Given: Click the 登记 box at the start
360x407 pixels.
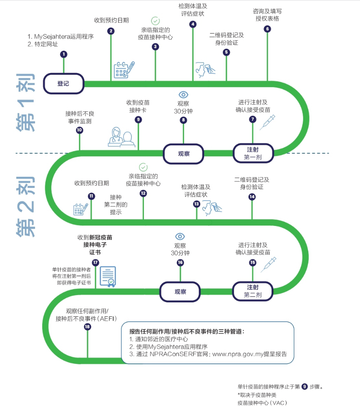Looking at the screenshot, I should pos(63,84).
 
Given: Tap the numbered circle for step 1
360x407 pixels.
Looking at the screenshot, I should pos(64,54).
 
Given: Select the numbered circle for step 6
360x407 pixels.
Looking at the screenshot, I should pos(267,29).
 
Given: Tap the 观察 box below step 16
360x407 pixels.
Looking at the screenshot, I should pos(180,292).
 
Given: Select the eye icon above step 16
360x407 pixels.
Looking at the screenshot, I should pos(180,236).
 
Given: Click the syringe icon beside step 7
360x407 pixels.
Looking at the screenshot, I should pos(268,122).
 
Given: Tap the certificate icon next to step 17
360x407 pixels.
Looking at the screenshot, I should pos(108,277).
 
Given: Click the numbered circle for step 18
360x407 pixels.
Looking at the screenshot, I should pos(88,327).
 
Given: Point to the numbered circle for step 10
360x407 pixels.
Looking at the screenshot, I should pos(79,131).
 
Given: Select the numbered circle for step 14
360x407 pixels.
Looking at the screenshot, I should pos(252,197).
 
